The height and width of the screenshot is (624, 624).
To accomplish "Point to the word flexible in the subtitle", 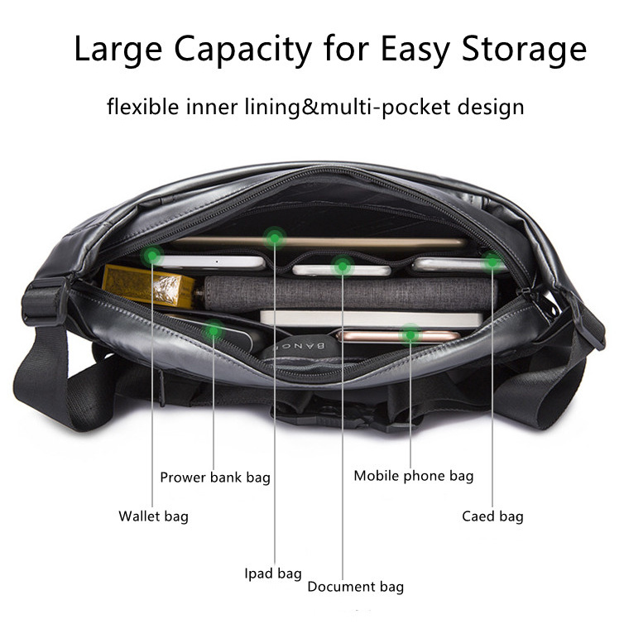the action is click(142, 108).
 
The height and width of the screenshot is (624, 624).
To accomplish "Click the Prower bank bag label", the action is click(215, 478).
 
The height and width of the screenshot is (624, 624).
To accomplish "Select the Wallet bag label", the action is click(153, 516).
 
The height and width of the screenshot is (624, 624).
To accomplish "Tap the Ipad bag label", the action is click(272, 573).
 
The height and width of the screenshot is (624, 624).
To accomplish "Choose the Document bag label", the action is click(355, 587).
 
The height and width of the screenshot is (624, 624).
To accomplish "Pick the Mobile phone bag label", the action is click(413, 476).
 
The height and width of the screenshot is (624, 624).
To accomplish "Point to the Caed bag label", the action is click(492, 516).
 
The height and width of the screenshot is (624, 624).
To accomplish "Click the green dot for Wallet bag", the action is click(152, 257).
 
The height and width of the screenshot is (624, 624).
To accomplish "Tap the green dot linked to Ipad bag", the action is click(274, 238).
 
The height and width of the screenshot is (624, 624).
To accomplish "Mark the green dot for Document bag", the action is click(342, 265).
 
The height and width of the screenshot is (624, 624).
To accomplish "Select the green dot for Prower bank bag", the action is click(214, 332).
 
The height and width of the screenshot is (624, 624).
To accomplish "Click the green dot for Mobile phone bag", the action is click(410, 334).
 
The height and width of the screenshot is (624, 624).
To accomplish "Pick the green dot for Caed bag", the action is click(492, 261).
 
